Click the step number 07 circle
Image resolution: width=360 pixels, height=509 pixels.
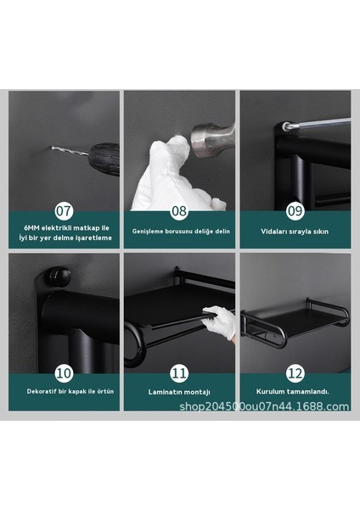[x=64, y=210]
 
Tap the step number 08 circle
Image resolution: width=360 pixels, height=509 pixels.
[x=179, y=210]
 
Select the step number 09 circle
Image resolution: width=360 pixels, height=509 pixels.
[x=295, y=210]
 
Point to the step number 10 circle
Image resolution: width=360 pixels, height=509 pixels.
[x=64, y=373]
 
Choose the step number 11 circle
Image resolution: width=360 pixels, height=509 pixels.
[x=179, y=373]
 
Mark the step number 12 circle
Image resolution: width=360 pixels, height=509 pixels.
[x=295, y=373]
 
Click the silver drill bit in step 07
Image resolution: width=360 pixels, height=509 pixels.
[x=70, y=151]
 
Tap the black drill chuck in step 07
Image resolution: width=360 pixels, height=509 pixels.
[x=104, y=159]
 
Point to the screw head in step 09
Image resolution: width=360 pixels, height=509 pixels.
[x=286, y=126]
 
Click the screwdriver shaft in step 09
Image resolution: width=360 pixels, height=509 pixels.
[x=320, y=123]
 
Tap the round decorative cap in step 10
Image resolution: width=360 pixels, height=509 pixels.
[x=58, y=276]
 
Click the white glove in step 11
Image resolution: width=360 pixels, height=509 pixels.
[x=218, y=322]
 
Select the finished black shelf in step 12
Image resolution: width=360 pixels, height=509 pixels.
[x=295, y=322]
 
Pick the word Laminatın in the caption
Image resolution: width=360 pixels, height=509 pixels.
[x=163, y=392]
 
